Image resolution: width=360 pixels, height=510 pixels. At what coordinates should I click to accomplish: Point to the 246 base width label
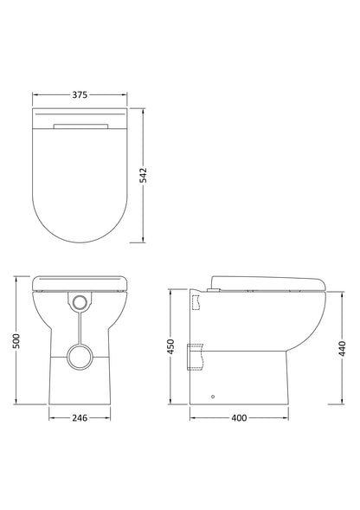80,417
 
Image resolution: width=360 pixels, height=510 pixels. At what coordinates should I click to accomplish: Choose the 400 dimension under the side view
240,417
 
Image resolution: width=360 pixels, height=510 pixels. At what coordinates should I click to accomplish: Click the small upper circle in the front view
80,302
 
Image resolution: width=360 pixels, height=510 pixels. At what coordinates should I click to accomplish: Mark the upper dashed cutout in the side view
196,302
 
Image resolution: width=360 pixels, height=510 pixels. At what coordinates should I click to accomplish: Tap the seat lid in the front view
80,282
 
